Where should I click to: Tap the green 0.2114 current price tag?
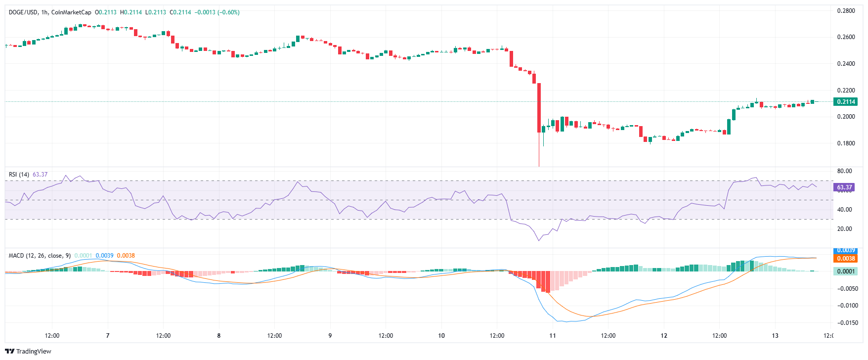coord(845,102)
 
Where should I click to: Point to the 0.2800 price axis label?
coord(846,11)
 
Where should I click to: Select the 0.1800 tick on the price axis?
coord(846,143)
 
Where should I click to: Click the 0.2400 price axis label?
coord(846,64)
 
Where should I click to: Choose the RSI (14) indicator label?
coord(19,175)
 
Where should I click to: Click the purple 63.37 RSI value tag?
coord(844,187)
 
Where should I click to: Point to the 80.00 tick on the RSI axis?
coord(844,171)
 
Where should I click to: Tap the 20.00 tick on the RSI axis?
coord(844,229)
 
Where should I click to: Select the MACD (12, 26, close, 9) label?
coord(40,256)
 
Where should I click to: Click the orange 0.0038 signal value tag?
coord(845,259)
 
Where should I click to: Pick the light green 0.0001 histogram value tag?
coord(845,271)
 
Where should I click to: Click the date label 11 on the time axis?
coord(553,336)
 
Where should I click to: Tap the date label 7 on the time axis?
coord(108,336)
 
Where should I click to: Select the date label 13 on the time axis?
coord(775,336)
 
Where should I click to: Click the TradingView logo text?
coord(33,352)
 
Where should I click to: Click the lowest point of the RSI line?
coord(539,240)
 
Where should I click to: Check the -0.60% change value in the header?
coord(228,12)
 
